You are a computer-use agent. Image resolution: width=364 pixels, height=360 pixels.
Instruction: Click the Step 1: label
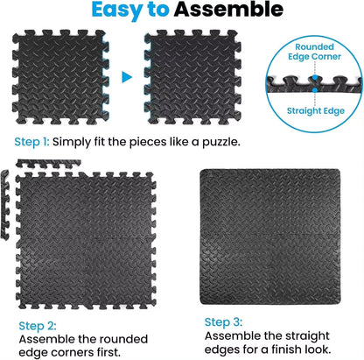(31, 142)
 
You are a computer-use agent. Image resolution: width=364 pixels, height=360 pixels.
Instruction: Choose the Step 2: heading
(34, 324)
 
